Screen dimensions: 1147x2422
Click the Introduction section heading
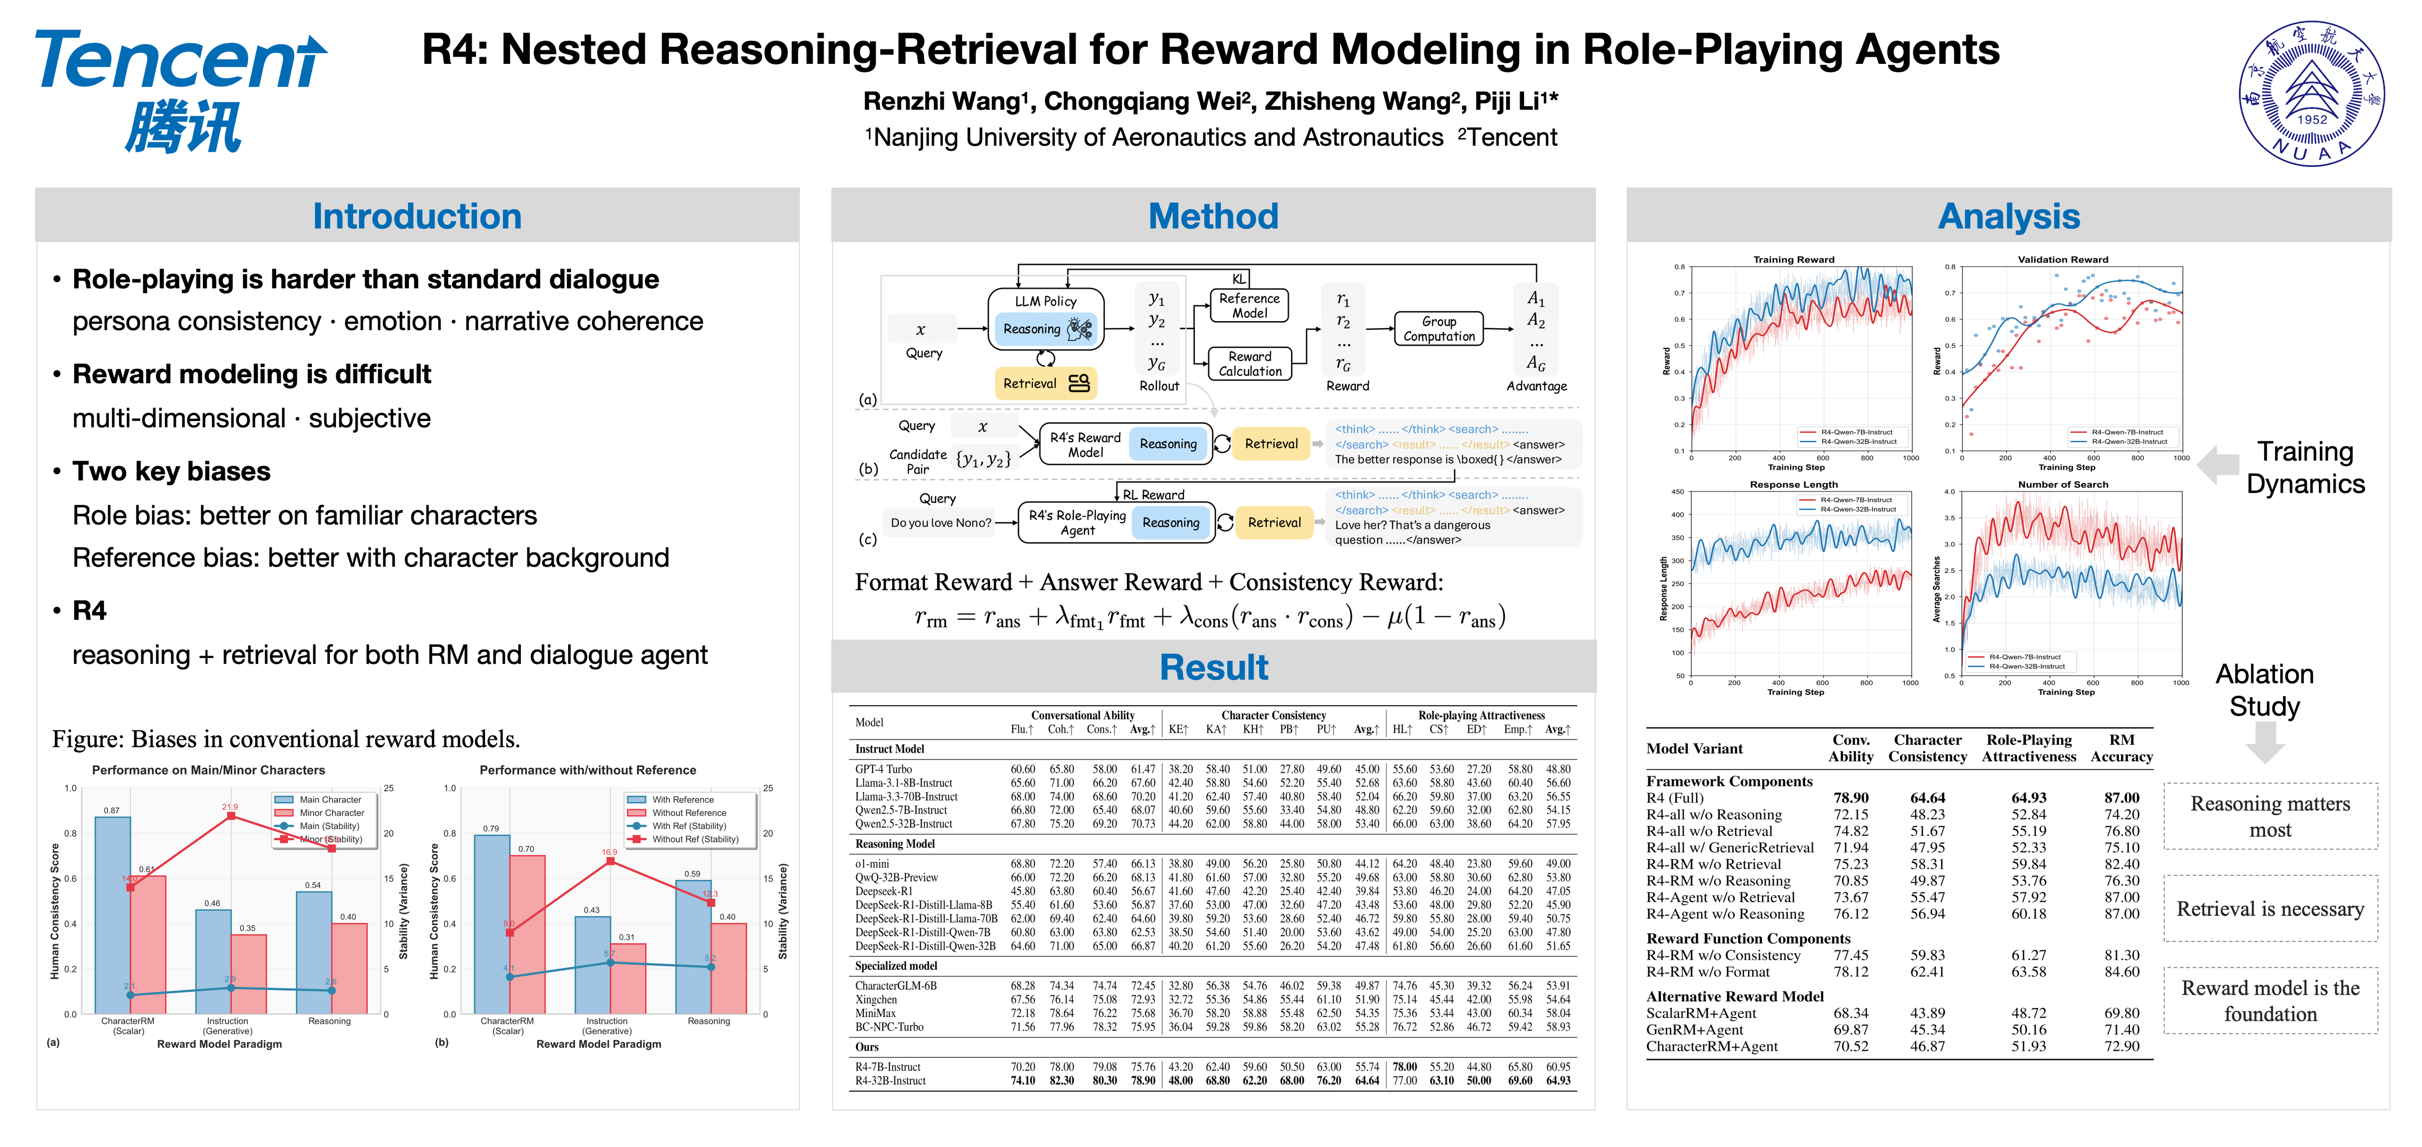416,216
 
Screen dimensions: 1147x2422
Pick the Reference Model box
1249,306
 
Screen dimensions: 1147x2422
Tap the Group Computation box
1439,328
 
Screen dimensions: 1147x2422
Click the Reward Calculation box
1249,364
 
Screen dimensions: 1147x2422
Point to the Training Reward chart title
1793,260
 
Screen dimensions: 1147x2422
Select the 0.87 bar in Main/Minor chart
113,912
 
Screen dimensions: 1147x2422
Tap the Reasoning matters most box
2270,816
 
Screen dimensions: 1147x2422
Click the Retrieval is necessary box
2270,909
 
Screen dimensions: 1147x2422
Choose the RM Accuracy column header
2121,748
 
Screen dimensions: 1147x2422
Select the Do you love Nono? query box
940,523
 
